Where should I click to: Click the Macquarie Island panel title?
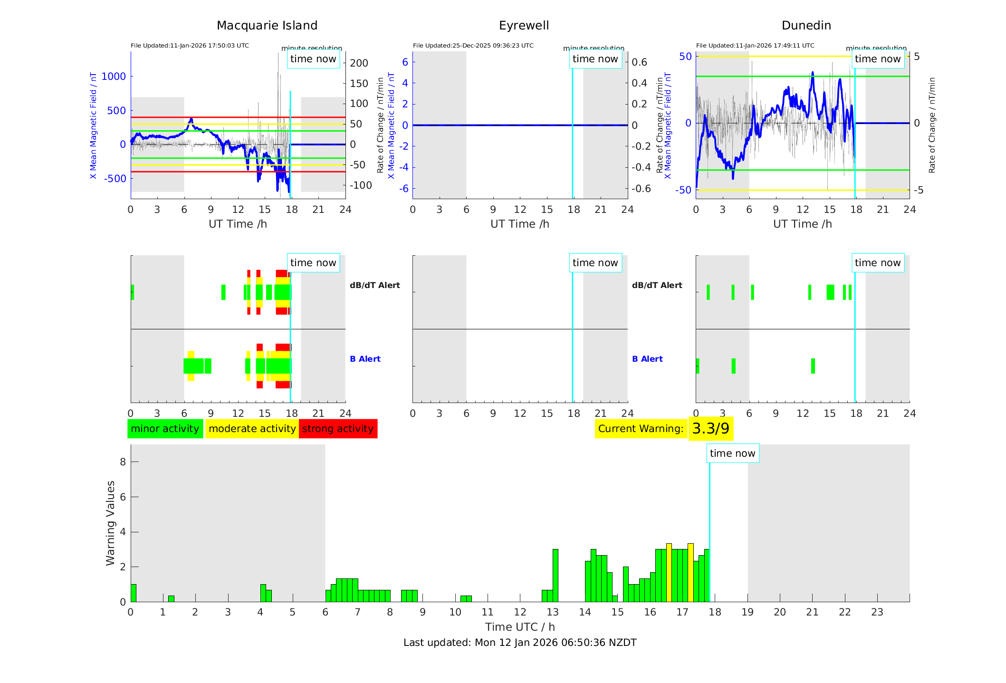pos(267,26)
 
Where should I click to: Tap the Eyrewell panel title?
pos(524,26)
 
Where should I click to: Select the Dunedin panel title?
pos(806,26)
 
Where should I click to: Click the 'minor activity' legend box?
pos(165,429)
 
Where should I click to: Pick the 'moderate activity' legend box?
pos(252,429)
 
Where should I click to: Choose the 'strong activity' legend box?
pos(338,429)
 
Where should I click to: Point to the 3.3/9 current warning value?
pos(710,429)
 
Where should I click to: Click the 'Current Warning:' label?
pos(641,429)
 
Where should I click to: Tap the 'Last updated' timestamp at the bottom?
pos(519,643)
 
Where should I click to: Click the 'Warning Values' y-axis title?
pos(110,523)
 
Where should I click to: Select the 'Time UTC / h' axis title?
pos(519,627)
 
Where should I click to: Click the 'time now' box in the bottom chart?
pos(732,453)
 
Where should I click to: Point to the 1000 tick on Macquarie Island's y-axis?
pos(114,77)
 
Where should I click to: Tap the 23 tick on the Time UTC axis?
pos(877,612)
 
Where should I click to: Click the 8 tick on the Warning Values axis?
pos(123,462)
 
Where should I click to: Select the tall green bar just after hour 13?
pos(555,575)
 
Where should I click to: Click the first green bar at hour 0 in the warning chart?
pos(133,593)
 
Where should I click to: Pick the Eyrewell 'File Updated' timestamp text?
pos(473,46)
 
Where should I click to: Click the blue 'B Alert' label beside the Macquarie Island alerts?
pos(365,359)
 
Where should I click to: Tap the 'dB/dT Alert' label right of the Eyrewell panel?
pos(657,285)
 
